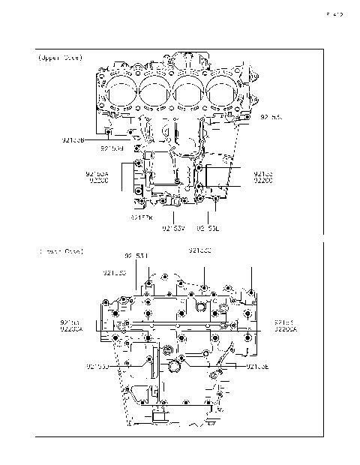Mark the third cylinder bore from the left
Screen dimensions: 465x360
pos(189,93)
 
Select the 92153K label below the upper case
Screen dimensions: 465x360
pos(140,217)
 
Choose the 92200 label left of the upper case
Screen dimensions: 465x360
pos(98,180)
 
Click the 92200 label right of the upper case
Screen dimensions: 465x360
pos(262,180)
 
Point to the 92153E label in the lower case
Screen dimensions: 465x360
pos(259,366)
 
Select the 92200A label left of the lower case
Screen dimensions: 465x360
pos(71,328)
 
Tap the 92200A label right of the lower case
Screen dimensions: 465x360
pos(285,328)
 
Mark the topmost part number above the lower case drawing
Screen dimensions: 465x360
pos(199,250)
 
